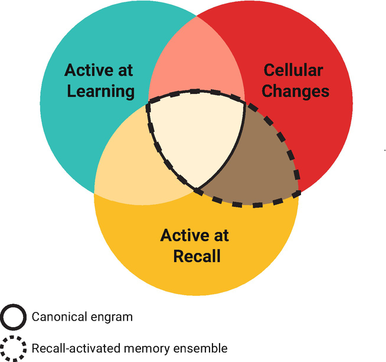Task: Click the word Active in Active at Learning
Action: tap(87, 70)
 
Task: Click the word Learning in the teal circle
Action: tap(101, 91)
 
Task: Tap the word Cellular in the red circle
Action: tap(293, 70)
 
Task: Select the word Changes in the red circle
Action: tap(295, 91)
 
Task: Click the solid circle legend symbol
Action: tap(14, 317)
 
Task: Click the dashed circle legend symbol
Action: tap(14, 348)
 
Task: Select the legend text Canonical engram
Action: tap(82, 317)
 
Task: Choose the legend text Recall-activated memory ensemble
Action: tap(129, 348)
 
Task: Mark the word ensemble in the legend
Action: tap(203, 348)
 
